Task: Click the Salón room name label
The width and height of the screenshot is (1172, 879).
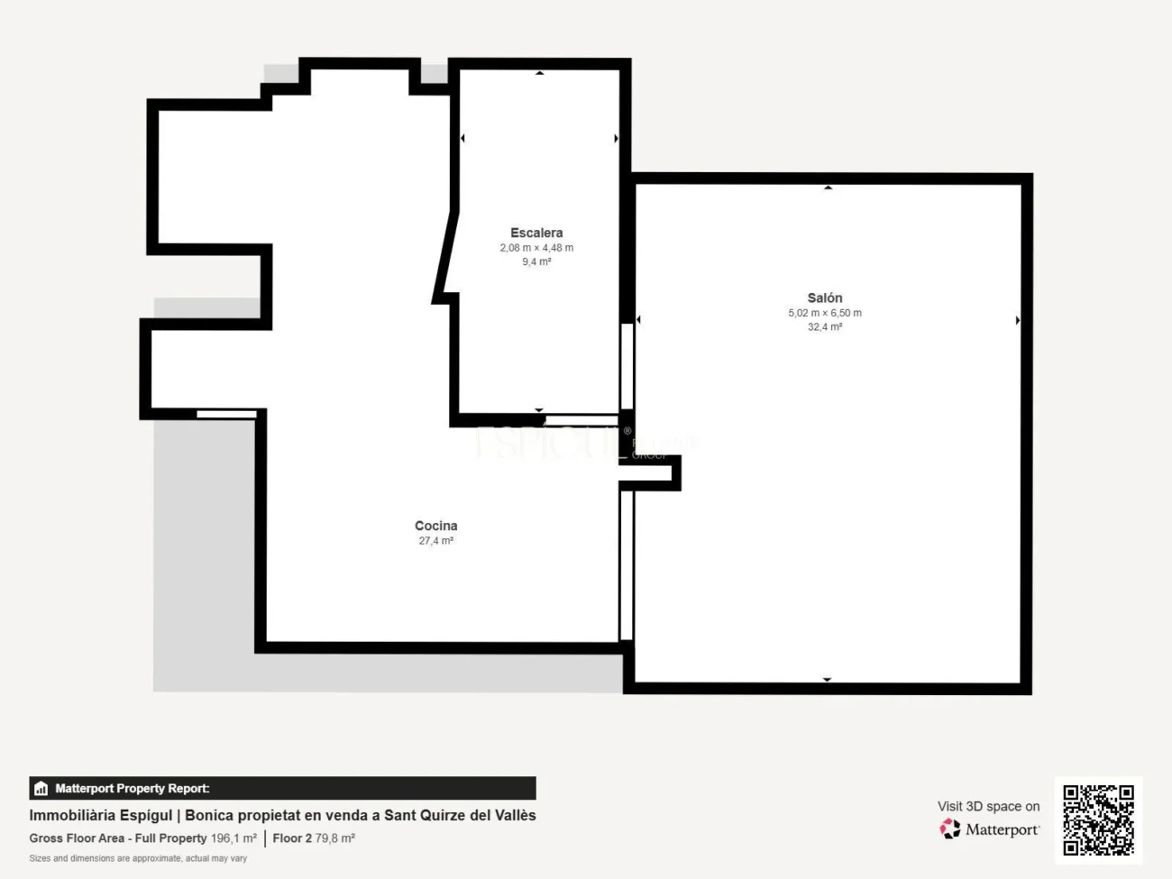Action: [824, 298]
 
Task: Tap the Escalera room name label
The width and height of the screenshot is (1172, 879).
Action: [536, 233]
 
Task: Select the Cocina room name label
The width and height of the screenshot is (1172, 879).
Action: [435, 526]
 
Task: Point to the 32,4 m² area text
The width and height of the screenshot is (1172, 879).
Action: [824, 327]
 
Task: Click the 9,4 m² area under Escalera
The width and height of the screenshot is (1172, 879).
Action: [536, 262]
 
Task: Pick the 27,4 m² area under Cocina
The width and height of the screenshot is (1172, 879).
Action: [435, 541]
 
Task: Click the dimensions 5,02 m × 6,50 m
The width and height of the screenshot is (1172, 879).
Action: [824, 313]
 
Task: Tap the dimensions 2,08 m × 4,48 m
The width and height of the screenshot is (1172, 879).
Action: [536, 248]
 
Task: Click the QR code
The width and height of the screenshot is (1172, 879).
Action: [1098, 819]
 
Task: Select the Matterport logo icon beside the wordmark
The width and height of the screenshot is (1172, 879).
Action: [950, 829]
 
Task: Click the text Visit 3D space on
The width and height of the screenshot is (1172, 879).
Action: [988, 806]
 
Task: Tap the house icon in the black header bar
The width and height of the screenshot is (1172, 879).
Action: [41, 789]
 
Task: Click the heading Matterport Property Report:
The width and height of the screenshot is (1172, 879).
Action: [133, 789]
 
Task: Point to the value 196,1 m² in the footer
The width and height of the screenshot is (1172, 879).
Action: [233, 838]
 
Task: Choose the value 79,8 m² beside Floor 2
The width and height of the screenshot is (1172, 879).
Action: [334, 838]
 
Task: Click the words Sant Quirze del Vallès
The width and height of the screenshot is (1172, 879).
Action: [460, 815]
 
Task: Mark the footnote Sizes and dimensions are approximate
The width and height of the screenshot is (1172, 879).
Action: [138, 858]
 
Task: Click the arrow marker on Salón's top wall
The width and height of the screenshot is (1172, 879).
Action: [828, 188]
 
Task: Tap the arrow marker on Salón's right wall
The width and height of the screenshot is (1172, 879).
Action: [1018, 320]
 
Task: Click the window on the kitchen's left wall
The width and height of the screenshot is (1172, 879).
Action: [226, 414]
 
